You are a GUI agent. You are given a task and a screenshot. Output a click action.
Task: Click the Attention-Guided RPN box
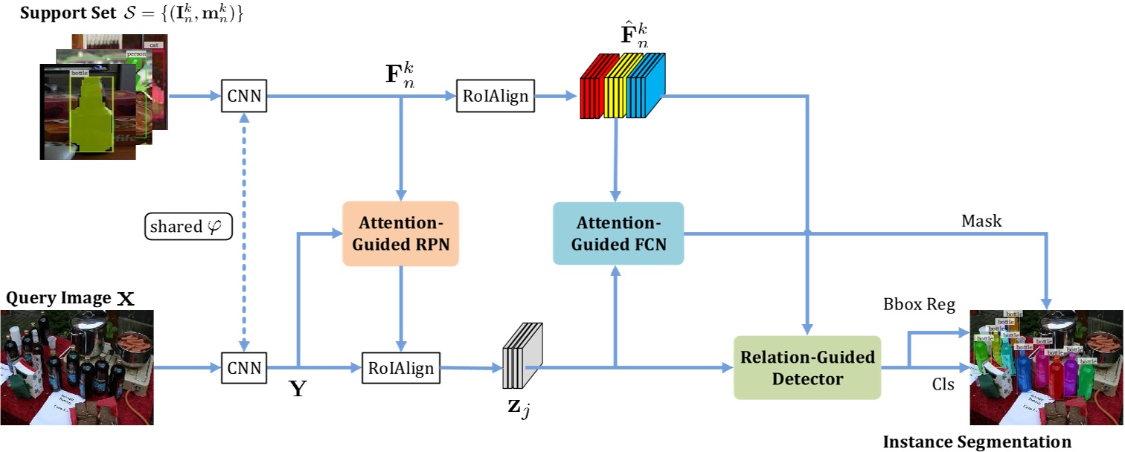pos(400,233)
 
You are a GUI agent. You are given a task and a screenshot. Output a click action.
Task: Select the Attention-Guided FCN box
pos(618,233)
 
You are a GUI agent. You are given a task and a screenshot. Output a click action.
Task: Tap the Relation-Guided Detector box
pos(807,368)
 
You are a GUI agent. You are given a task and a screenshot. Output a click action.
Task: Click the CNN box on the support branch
pos(244,97)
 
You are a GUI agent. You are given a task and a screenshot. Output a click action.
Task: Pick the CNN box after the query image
pos(244,367)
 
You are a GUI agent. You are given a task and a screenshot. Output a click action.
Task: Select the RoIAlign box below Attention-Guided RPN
pos(400,367)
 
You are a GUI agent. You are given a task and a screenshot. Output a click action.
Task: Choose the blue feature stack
pos(645,89)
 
